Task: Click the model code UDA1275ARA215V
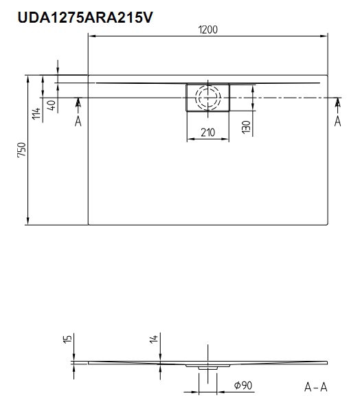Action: coord(85,18)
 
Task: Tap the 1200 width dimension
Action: coord(207,30)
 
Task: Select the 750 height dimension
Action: coord(22,150)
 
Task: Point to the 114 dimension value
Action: coord(36,113)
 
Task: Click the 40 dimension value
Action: coord(52,105)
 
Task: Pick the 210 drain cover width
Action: coord(207,133)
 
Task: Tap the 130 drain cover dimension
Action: coord(246,127)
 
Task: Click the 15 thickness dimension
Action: coord(67,339)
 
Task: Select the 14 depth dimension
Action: coord(154,339)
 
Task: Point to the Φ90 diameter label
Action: coord(243,385)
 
